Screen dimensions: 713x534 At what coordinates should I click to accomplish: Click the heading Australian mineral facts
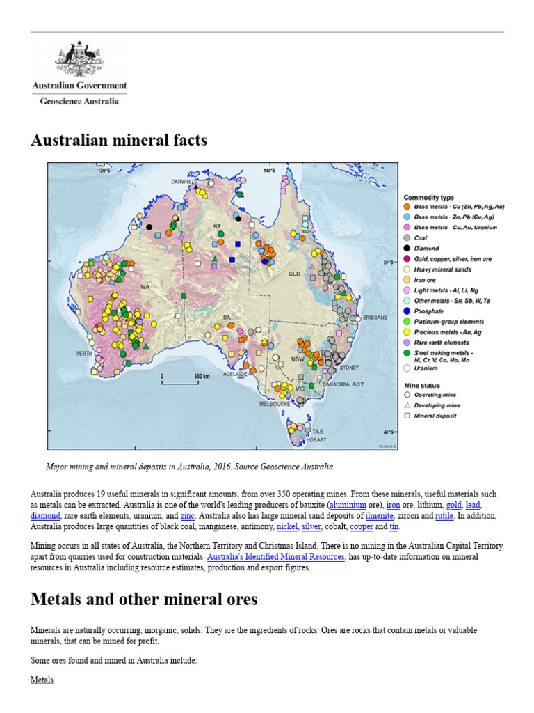tap(119, 140)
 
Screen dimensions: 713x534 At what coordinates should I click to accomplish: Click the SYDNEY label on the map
tap(350, 367)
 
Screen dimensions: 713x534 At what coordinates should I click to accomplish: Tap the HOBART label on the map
tap(314, 440)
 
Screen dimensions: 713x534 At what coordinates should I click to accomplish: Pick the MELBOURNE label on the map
tap(274, 403)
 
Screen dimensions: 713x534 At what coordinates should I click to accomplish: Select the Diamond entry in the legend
tap(427, 248)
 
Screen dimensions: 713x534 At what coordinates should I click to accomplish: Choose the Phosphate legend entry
tap(428, 311)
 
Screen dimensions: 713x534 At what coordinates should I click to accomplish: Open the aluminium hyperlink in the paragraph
tap(348, 504)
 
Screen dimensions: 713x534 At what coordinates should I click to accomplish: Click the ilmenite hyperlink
tap(380, 516)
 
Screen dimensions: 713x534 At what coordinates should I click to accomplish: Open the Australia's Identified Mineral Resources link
tap(275, 556)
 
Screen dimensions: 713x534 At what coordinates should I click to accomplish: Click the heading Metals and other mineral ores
tap(144, 599)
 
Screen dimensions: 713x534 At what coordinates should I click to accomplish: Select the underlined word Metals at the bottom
tap(42, 679)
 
